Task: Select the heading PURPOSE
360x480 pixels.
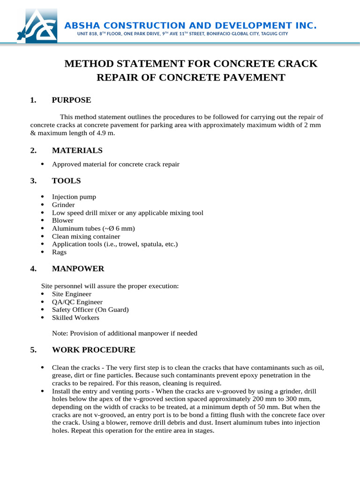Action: click(x=71, y=100)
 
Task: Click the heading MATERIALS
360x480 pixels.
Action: click(x=77, y=150)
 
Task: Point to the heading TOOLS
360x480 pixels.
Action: click(x=66, y=180)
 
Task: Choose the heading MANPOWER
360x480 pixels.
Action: click(x=78, y=269)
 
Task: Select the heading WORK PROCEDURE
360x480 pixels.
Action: click(x=94, y=350)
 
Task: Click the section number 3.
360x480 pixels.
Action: click(x=33, y=180)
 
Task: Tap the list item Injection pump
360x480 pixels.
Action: click(x=74, y=197)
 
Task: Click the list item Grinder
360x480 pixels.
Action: click(x=63, y=205)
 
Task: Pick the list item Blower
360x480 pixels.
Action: click(x=63, y=220)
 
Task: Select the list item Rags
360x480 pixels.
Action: click(x=60, y=252)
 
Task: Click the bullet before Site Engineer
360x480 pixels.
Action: click(x=43, y=294)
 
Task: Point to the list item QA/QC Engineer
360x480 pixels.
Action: click(x=77, y=302)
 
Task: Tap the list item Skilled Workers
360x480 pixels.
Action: click(x=75, y=318)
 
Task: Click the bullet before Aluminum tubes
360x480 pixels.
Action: click(x=43, y=228)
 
